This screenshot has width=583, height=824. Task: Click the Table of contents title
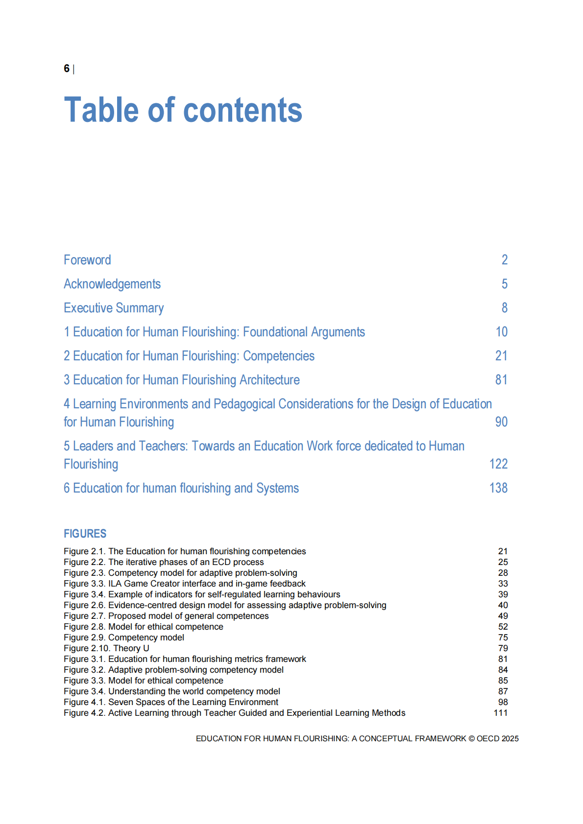click(183, 110)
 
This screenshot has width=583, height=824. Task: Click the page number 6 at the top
click(67, 69)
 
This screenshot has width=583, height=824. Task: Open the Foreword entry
click(87, 260)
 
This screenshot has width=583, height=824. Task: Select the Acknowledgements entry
click(112, 284)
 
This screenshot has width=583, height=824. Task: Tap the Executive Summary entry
click(114, 308)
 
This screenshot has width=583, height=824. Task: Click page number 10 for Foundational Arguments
click(501, 332)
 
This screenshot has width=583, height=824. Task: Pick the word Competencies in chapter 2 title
click(279, 356)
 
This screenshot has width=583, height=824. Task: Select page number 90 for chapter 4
click(501, 422)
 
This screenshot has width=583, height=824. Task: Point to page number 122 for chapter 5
click(498, 464)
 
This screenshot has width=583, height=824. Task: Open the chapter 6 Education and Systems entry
click(181, 488)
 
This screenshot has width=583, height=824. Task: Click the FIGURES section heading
click(85, 534)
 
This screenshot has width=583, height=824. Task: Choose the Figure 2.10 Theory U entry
click(106, 648)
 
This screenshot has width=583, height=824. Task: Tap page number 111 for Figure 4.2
click(500, 713)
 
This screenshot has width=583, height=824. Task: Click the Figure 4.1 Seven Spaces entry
click(171, 702)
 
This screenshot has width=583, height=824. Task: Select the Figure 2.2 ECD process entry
click(164, 562)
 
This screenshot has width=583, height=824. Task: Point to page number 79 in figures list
click(503, 648)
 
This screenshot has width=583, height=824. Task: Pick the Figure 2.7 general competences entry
click(166, 616)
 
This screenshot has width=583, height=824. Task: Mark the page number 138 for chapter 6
click(498, 488)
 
